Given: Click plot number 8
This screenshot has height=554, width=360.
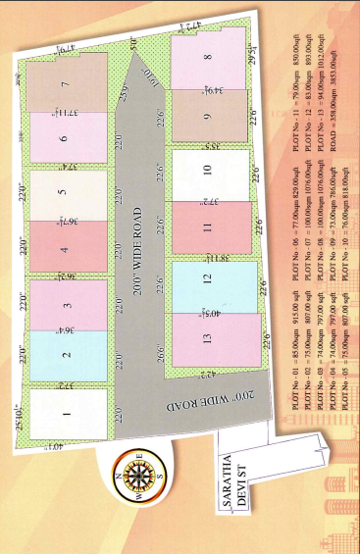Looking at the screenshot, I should coord(208,58).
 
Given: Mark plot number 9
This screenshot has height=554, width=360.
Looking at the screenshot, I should coord(208,117).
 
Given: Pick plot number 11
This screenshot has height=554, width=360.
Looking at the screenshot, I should coord(208,228).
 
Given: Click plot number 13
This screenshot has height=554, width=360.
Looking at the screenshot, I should coord(208,339).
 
